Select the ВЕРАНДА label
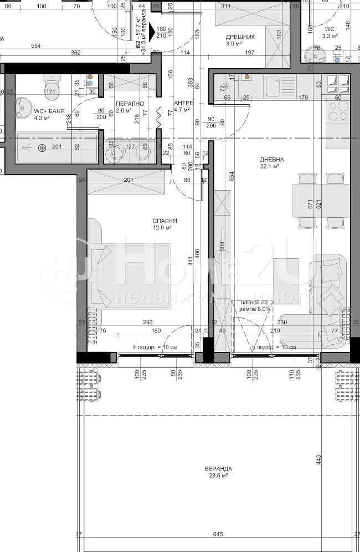217,468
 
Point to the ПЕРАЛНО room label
130,104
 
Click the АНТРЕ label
183,104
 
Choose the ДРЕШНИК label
240,37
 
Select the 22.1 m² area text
270,166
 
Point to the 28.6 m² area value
217,476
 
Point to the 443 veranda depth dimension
319,460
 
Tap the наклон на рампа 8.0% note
255,306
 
